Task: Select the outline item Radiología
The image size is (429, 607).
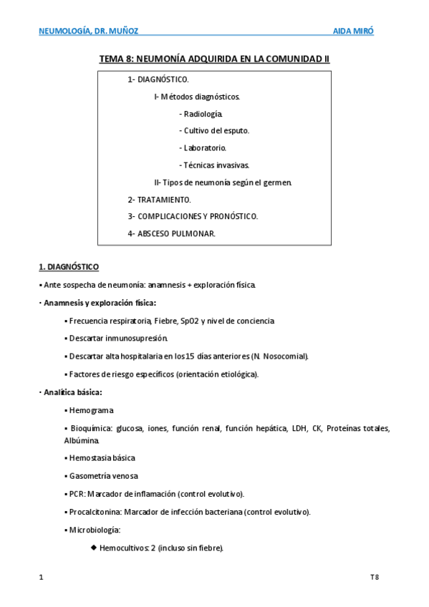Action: tap(203, 114)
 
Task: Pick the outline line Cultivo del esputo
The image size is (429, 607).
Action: tap(214, 131)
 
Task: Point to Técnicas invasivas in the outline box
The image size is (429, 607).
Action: tap(216, 165)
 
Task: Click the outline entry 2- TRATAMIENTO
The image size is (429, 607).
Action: tap(160, 200)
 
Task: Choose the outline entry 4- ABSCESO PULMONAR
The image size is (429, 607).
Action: tap(172, 234)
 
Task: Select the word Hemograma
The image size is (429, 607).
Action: tap(92, 410)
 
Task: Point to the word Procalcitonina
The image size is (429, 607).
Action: tap(95, 512)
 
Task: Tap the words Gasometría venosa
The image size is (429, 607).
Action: tap(104, 476)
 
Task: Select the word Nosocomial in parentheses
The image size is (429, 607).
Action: tap(285, 356)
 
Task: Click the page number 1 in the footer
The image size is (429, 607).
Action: tap(40, 576)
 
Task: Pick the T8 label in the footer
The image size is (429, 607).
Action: tap(374, 576)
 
